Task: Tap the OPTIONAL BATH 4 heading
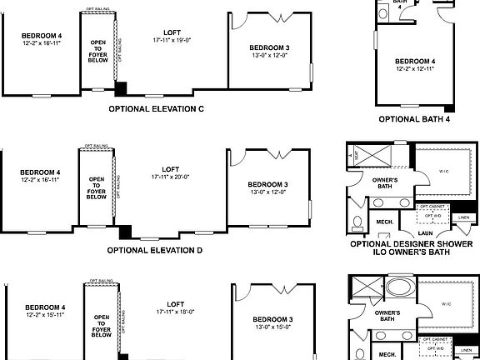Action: (x=414, y=119)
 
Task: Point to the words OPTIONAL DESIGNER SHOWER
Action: (x=413, y=244)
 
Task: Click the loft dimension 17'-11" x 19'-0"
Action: (x=172, y=40)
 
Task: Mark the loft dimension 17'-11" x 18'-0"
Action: (x=175, y=312)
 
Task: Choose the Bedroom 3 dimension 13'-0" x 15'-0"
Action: (x=272, y=328)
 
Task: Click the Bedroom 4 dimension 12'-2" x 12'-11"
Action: (x=414, y=70)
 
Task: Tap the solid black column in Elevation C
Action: (x=121, y=88)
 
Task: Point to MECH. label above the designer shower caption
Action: (x=385, y=222)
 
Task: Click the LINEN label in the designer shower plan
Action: (x=464, y=218)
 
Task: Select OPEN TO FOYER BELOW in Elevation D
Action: (x=97, y=188)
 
